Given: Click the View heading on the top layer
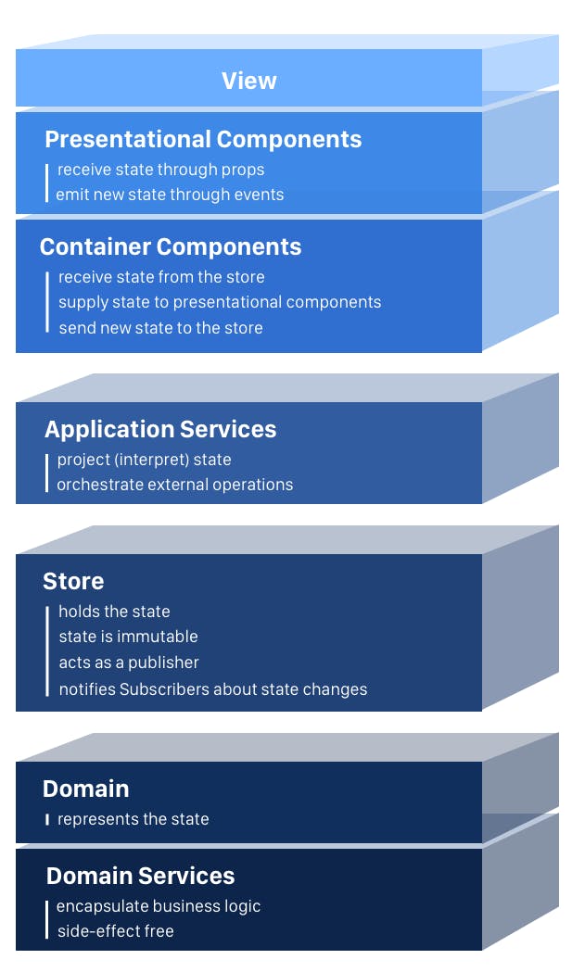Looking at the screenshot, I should point(248,81).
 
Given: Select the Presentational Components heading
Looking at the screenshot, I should point(203,139).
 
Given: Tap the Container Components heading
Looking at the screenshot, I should point(171,246).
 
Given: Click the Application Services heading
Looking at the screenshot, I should point(160,429).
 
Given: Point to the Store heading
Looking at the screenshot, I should point(73,581).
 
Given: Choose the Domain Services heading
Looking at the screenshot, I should point(140,876).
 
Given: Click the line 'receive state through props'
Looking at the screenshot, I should point(160,170).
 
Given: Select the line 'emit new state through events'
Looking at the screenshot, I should point(170,195).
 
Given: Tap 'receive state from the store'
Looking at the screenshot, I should point(161,277).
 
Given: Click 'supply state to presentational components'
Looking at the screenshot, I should point(220,302).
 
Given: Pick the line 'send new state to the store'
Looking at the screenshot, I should point(160,328).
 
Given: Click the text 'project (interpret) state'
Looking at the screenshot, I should point(145,460).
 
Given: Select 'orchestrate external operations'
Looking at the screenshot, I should point(175,485).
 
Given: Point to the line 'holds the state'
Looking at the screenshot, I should point(114,612).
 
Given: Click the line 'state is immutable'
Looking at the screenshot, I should point(128,637).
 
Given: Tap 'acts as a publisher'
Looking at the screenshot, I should point(129,663).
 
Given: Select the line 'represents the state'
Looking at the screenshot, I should point(134,819).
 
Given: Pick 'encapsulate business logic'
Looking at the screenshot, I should point(159,906).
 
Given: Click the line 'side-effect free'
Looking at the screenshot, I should point(115,931).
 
